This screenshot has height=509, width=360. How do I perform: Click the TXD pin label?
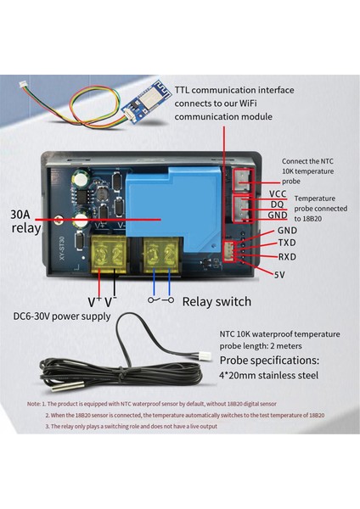pyautogui.click(x=287, y=243)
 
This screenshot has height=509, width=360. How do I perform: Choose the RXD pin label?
pyautogui.click(x=287, y=255)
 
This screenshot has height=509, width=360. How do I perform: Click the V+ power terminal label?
pyautogui.click(x=95, y=301)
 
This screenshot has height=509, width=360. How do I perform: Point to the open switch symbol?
pyautogui.click(x=161, y=300)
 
